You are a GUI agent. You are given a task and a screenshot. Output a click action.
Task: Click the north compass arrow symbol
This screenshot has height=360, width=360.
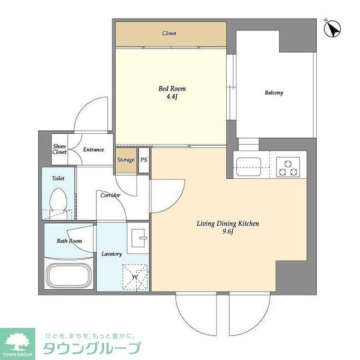pyautogui.click(x=331, y=27)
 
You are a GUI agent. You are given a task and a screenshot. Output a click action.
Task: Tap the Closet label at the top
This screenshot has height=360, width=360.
pyautogui.click(x=169, y=34)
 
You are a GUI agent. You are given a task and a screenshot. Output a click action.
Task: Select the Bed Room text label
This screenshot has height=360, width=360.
pyautogui.click(x=168, y=88)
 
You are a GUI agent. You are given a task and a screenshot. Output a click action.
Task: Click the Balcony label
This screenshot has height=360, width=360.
pyautogui.click(x=274, y=93)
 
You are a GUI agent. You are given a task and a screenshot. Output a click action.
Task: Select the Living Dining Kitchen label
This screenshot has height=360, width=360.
pyautogui.click(x=228, y=224)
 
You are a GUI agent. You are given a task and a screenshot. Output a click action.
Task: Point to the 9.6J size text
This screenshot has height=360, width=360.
pyautogui.click(x=228, y=233)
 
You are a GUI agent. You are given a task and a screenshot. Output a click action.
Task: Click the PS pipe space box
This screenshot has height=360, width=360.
pyautogui.click(x=144, y=160)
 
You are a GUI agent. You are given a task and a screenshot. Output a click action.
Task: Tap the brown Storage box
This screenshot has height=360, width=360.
pyautogui.click(x=125, y=160)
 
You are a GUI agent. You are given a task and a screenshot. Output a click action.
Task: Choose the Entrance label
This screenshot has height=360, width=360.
pyautogui.click(x=94, y=149)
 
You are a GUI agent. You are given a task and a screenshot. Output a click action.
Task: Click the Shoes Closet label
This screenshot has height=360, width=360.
pyautogui.click(x=59, y=149)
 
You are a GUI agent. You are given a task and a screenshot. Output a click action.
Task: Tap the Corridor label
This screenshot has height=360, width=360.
pyautogui.click(x=110, y=195)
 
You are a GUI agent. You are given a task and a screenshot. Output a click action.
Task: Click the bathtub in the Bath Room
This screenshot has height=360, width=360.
pyautogui.click(x=67, y=276)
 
